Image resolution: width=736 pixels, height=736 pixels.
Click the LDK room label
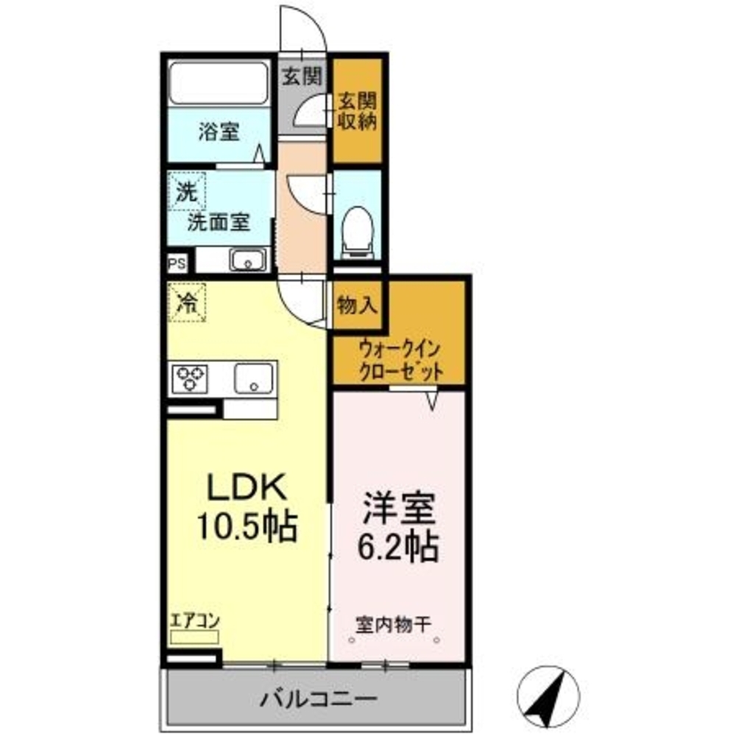pos(244,487)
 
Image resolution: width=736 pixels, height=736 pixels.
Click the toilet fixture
pos(357,228)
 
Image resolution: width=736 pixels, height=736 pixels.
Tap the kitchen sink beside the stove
pos(254,379)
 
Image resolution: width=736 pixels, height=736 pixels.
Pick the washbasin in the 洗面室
pos(248,260)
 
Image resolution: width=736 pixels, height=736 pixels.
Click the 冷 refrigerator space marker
pos(187,301)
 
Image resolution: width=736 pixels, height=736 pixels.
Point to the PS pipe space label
pos(177,261)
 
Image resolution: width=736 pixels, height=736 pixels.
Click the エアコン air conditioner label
pos(195,620)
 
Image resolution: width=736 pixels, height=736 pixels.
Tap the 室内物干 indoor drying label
pos(394,626)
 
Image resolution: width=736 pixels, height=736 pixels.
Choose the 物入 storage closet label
pos(357,303)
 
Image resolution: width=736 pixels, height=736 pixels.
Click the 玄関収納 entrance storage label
pos(357,110)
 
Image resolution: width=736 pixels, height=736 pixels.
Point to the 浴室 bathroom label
pos(219,132)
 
